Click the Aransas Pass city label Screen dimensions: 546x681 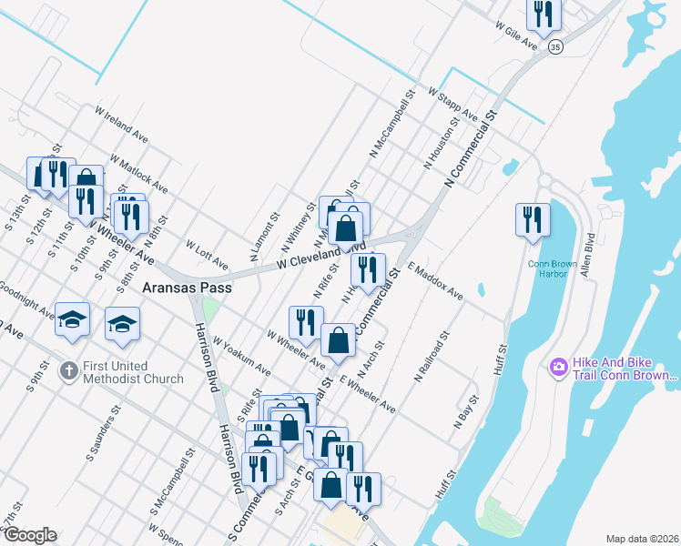187,288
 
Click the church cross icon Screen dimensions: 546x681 67,371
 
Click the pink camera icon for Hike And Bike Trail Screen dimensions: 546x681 558,368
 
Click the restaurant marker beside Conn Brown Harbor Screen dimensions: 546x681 533,218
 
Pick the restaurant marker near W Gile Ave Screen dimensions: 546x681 544,13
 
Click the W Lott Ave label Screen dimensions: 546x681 206,255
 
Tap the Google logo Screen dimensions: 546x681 30,535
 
